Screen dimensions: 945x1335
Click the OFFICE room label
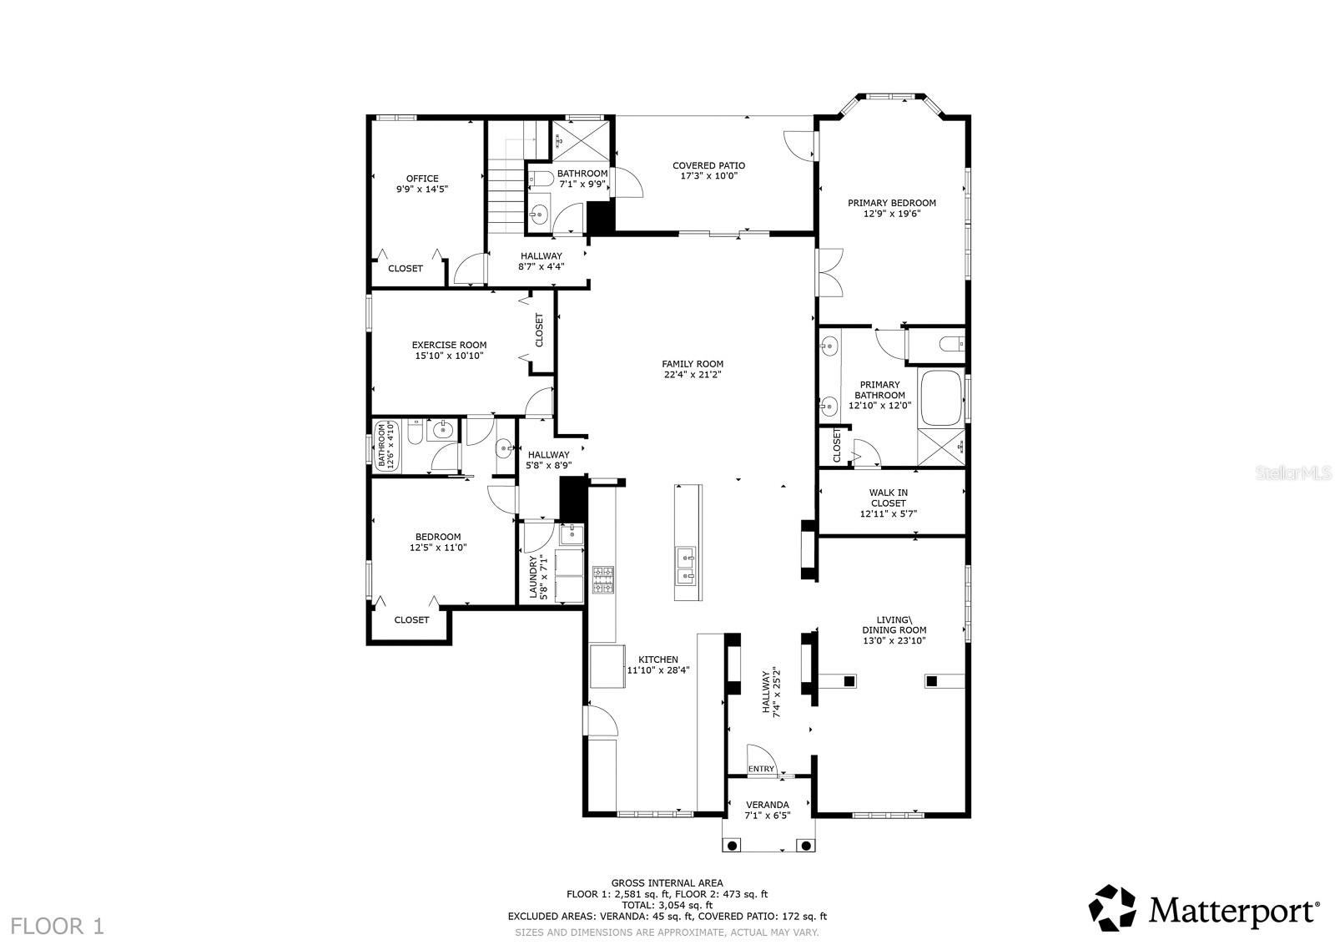[x=422, y=179]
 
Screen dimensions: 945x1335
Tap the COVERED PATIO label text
[x=708, y=165]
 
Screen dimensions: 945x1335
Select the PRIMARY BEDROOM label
[x=891, y=203]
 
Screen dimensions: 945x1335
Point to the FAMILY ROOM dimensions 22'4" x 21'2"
[x=692, y=375]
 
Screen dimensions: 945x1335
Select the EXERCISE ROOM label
[x=449, y=345]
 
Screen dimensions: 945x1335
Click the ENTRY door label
[x=761, y=769]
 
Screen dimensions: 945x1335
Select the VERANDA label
[x=767, y=805]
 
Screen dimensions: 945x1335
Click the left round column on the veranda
[x=733, y=846]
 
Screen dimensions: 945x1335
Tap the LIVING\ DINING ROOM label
[x=894, y=624]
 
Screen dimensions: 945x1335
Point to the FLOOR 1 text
[x=58, y=926]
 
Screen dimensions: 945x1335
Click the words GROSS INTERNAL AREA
[x=667, y=882]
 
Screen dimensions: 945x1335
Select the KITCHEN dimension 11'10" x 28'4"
[x=658, y=670]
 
